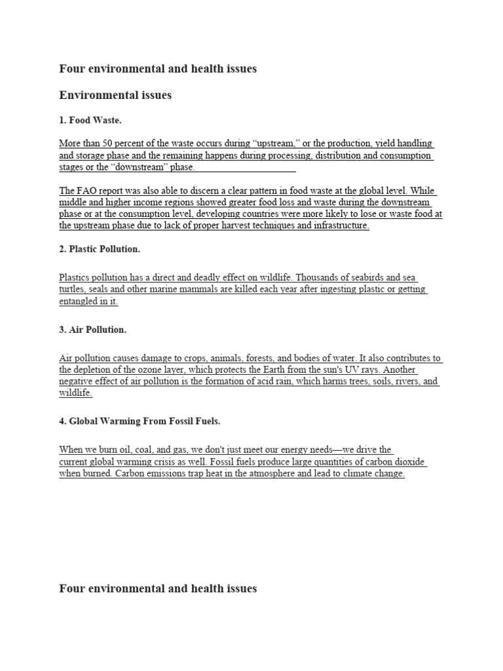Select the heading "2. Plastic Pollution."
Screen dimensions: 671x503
100,249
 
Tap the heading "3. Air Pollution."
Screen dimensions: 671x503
92,330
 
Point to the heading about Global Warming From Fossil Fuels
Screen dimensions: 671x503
144,421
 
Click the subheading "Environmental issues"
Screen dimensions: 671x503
115,96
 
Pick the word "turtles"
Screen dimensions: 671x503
73,290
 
